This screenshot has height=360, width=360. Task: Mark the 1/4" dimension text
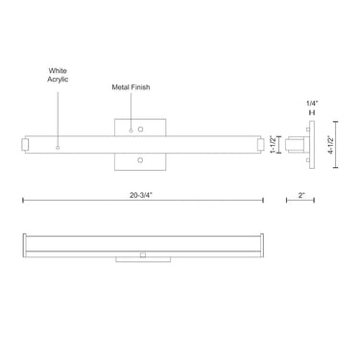(x=310, y=103)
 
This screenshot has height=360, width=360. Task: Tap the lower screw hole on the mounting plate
(x=140, y=159)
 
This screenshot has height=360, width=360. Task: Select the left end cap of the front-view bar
(x=27, y=144)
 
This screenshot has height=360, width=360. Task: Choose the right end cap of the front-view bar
(x=259, y=144)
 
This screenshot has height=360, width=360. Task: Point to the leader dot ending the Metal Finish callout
(x=131, y=130)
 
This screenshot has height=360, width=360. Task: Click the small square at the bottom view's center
(x=141, y=254)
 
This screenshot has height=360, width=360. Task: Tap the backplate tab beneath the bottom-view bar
(x=141, y=258)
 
